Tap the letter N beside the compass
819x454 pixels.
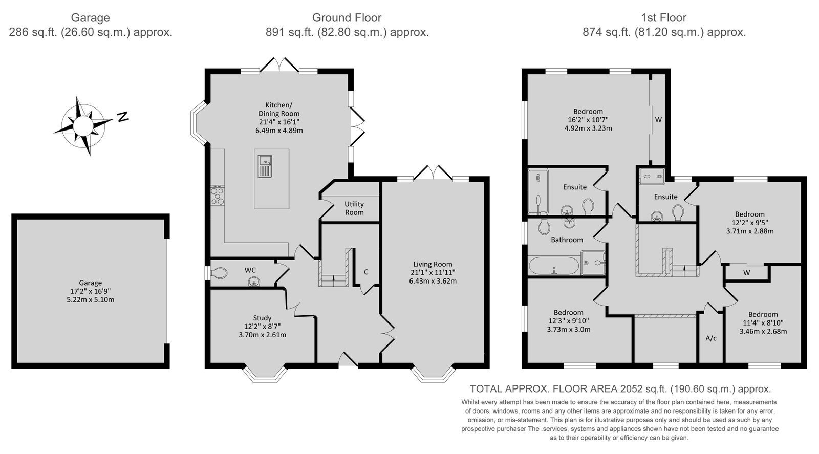click(123, 117)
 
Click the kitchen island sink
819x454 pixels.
click(265, 167)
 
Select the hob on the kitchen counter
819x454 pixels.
click(218, 195)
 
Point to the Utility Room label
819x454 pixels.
click(354, 208)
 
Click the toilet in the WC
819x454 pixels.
click(219, 273)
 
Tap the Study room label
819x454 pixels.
click(262, 318)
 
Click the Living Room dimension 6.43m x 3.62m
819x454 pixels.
click(433, 281)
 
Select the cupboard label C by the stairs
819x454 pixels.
click(366, 272)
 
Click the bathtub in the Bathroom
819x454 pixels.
click(554, 266)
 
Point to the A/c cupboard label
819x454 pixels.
click(711, 338)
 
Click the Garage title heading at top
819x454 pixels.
click(90, 18)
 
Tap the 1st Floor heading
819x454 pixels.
click(663, 17)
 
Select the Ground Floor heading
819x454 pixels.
click(347, 17)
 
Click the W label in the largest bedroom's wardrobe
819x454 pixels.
click(658, 120)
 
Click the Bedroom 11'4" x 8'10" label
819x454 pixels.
click(763, 323)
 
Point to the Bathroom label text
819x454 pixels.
click(567, 240)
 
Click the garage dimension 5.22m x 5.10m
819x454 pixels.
click(90, 300)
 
